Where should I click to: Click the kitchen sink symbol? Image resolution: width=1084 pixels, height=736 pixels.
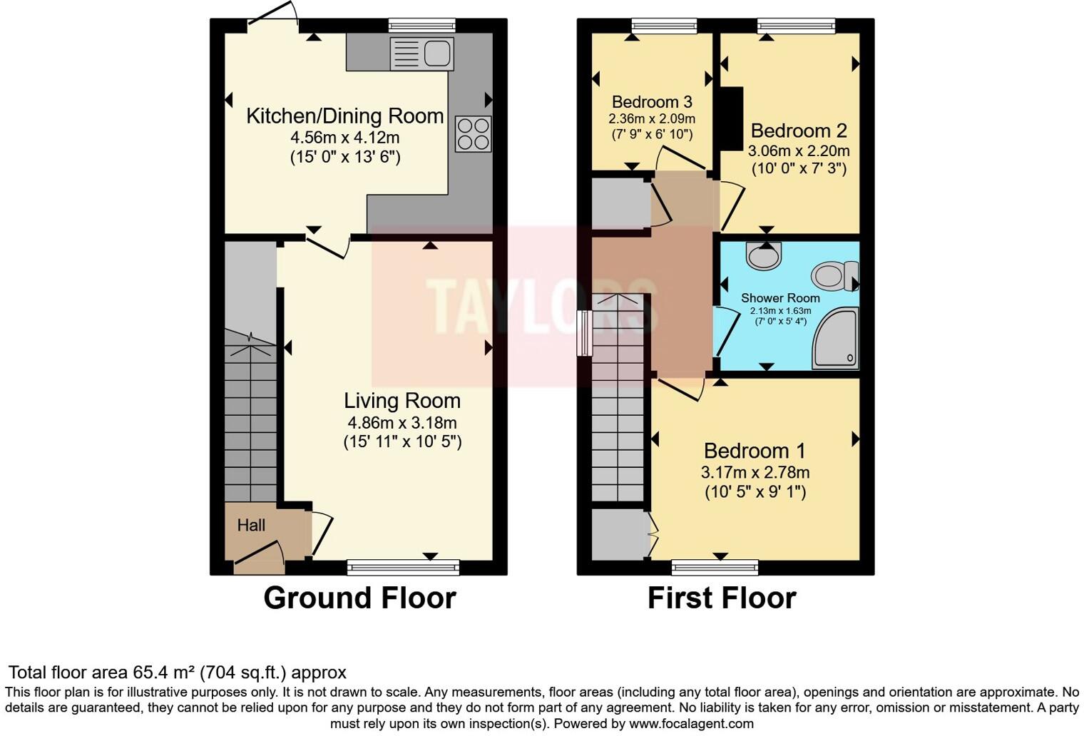(x=422, y=53)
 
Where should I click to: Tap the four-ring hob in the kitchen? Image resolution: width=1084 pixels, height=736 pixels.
(x=474, y=134)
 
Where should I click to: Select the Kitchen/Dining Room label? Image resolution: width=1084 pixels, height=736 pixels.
(x=344, y=116)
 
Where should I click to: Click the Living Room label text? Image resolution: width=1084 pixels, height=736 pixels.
(x=402, y=401)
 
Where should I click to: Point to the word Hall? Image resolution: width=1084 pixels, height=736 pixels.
(x=251, y=526)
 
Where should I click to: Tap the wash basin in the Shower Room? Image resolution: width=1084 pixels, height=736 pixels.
(x=764, y=255)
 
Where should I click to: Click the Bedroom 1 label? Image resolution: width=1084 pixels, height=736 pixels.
(x=755, y=451)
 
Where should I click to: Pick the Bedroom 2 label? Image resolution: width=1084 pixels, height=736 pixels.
(x=799, y=131)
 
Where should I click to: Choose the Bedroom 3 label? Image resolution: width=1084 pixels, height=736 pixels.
(x=652, y=101)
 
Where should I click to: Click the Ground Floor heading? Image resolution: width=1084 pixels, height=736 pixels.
(x=359, y=598)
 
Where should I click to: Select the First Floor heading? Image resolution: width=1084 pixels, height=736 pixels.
(x=722, y=598)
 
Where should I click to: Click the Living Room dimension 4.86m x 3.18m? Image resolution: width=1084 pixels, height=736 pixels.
(x=402, y=422)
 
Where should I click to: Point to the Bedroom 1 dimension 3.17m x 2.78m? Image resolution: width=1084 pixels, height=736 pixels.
(x=755, y=472)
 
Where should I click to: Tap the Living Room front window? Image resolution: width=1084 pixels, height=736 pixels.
(x=404, y=568)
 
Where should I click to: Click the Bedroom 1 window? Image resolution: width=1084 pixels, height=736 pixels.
(x=715, y=568)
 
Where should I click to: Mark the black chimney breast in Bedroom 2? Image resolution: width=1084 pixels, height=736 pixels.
(x=732, y=118)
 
